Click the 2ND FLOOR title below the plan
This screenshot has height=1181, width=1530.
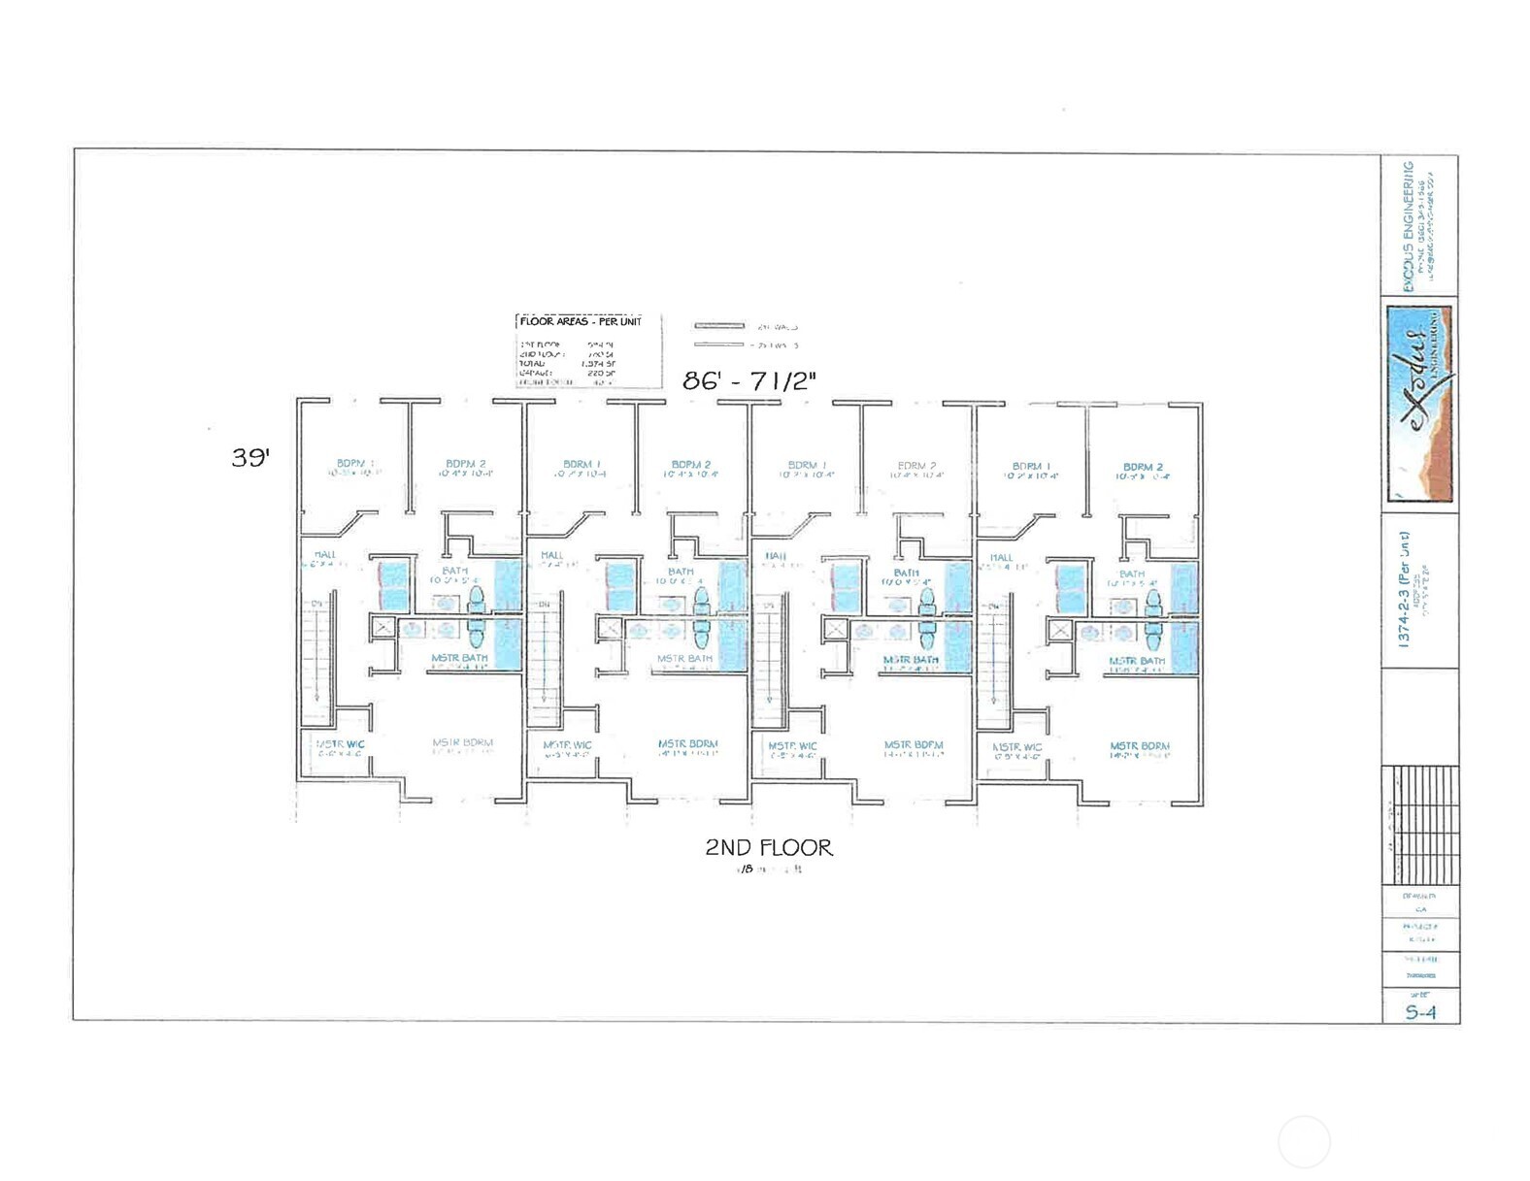click(x=768, y=847)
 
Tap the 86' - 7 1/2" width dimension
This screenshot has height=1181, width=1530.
click(x=748, y=380)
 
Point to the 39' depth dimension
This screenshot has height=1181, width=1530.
click(x=249, y=457)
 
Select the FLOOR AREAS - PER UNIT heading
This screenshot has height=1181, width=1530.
click(x=581, y=321)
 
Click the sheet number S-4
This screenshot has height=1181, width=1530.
click(x=1419, y=1012)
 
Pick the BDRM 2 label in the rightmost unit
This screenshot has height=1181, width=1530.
click(x=1143, y=467)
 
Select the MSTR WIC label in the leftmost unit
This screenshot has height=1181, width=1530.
click(x=341, y=744)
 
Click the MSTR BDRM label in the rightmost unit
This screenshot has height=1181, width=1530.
click(x=1140, y=746)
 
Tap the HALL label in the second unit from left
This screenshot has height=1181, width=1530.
click(x=551, y=555)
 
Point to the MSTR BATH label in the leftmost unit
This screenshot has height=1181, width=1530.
click(x=460, y=658)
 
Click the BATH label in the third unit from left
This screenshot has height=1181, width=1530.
click(x=906, y=573)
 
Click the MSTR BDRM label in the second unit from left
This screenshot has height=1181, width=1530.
click(x=688, y=744)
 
